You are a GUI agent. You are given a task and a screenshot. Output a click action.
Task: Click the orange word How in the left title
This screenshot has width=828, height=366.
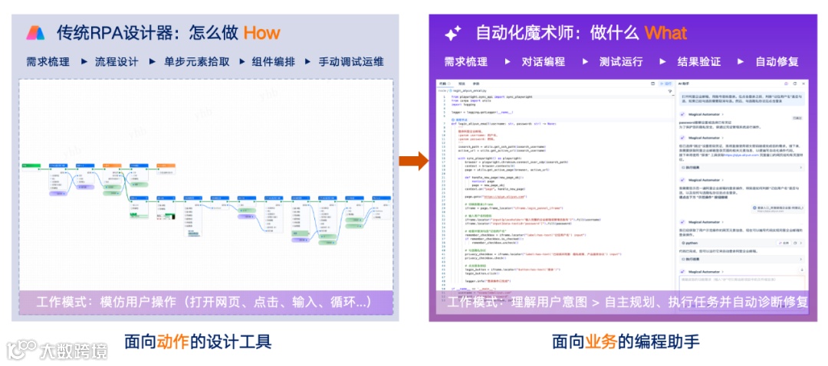(x=262, y=33)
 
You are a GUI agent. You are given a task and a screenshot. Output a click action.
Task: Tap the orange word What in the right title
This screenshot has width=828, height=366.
(x=665, y=33)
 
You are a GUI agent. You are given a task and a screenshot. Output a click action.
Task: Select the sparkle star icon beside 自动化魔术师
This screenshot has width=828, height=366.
(x=453, y=33)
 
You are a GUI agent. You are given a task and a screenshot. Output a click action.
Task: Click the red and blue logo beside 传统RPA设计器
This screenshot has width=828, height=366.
(x=36, y=33)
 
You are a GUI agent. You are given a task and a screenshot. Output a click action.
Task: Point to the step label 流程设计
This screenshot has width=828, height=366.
(x=117, y=62)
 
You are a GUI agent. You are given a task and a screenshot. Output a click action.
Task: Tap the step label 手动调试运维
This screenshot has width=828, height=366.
(x=351, y=62)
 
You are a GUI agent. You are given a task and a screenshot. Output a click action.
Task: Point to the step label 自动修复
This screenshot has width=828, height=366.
(x=777, y=62)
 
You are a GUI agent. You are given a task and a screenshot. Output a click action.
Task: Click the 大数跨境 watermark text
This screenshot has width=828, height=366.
(x=74, y=351)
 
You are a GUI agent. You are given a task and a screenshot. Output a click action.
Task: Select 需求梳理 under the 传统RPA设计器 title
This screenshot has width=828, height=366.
(x=48, y=62)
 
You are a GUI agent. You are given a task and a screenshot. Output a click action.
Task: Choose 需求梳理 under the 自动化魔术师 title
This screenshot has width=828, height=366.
(x=466, y=62)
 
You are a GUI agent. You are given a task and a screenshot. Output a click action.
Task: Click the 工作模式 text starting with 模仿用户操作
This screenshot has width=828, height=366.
(x=205, y=302)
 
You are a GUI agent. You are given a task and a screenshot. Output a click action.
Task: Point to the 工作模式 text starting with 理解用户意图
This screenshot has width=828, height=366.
(x=628, y=302)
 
